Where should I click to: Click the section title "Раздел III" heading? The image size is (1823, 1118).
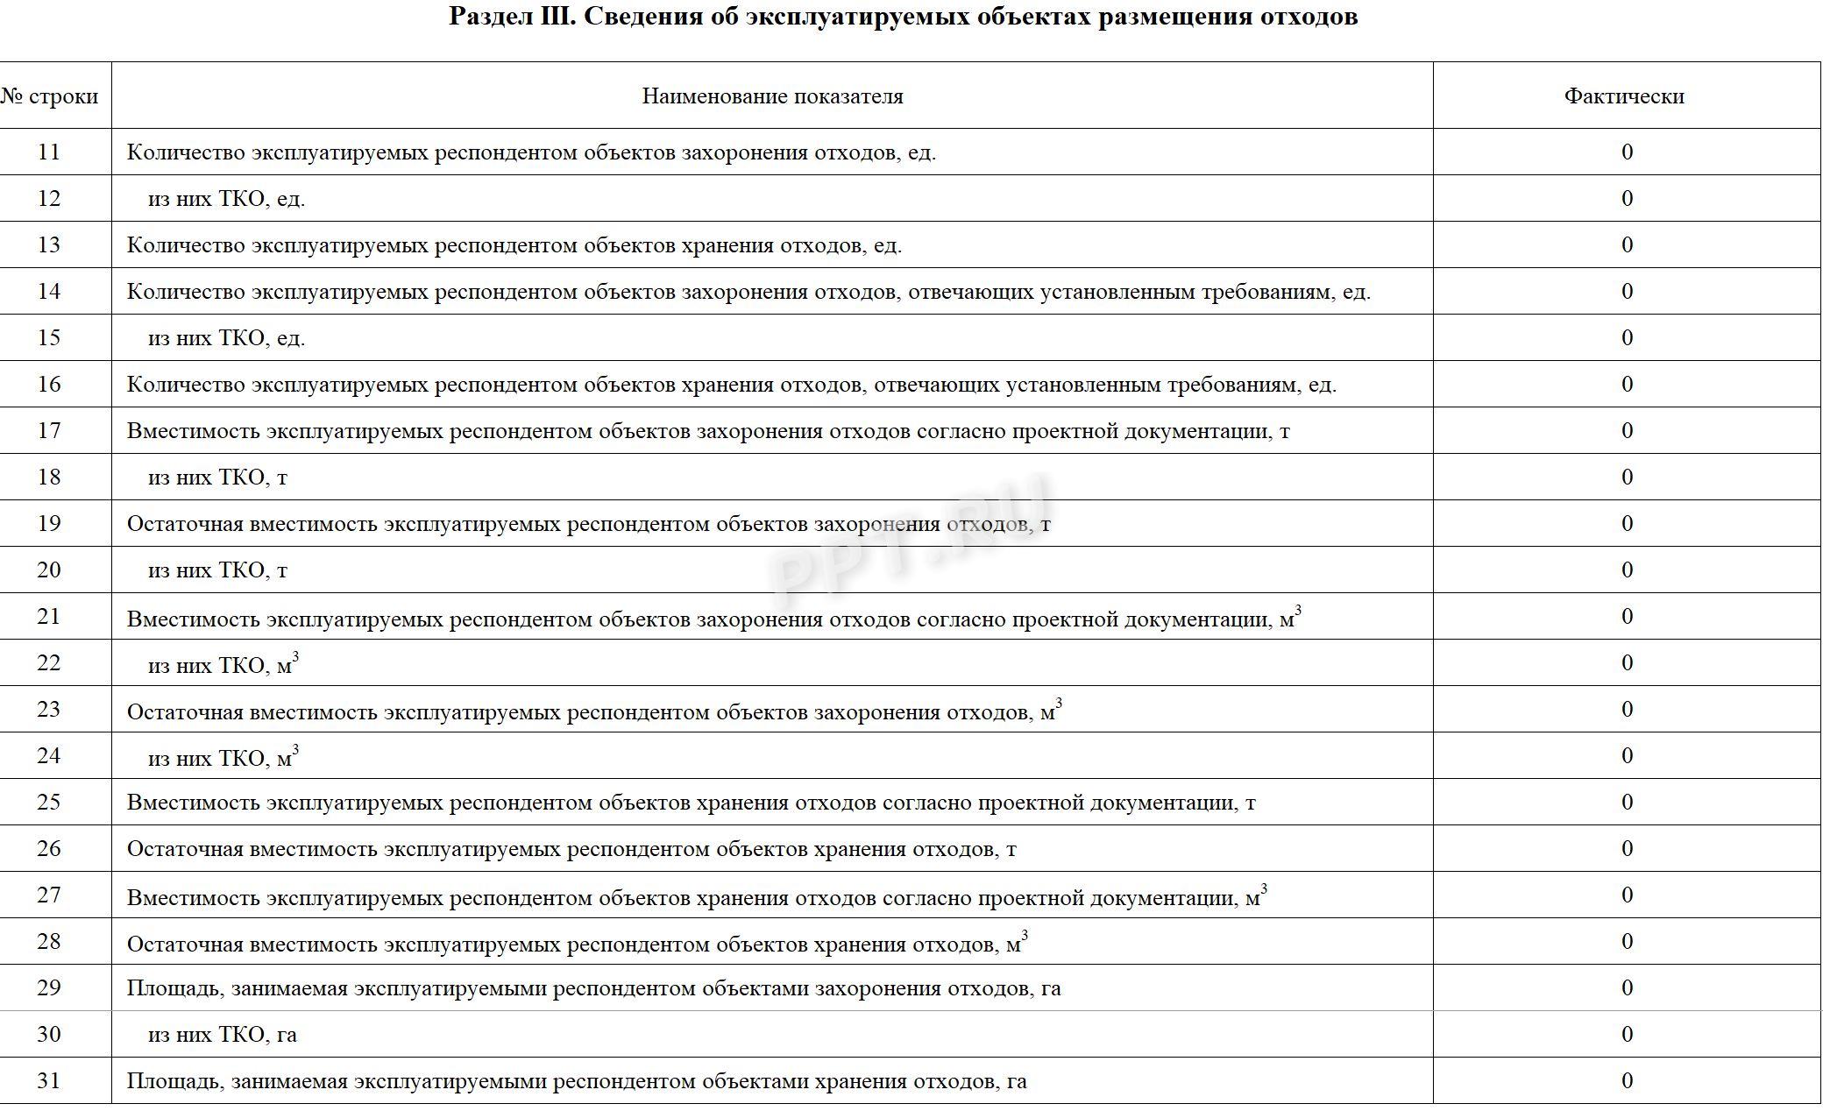point(903,17)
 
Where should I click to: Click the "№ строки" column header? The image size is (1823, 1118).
point(49,96)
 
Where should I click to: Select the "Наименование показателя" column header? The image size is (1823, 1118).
point(772,96)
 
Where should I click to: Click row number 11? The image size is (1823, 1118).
point(49,152)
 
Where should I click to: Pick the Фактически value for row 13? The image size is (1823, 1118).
point(1627,245)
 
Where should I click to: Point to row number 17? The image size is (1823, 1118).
point(49,431)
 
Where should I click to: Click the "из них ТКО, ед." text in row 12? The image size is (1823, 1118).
point(226,199)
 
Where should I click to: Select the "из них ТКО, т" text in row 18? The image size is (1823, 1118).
point(217,478)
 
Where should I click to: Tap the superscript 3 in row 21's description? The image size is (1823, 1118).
point(1297,611)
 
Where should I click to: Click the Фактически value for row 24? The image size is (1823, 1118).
point(1627,756)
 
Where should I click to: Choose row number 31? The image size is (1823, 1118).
point(49,1081)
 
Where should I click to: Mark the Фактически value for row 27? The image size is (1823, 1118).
point(1627,895)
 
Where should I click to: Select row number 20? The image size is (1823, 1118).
point(49,570)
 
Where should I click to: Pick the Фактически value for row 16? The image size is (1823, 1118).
point(1627,385)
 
